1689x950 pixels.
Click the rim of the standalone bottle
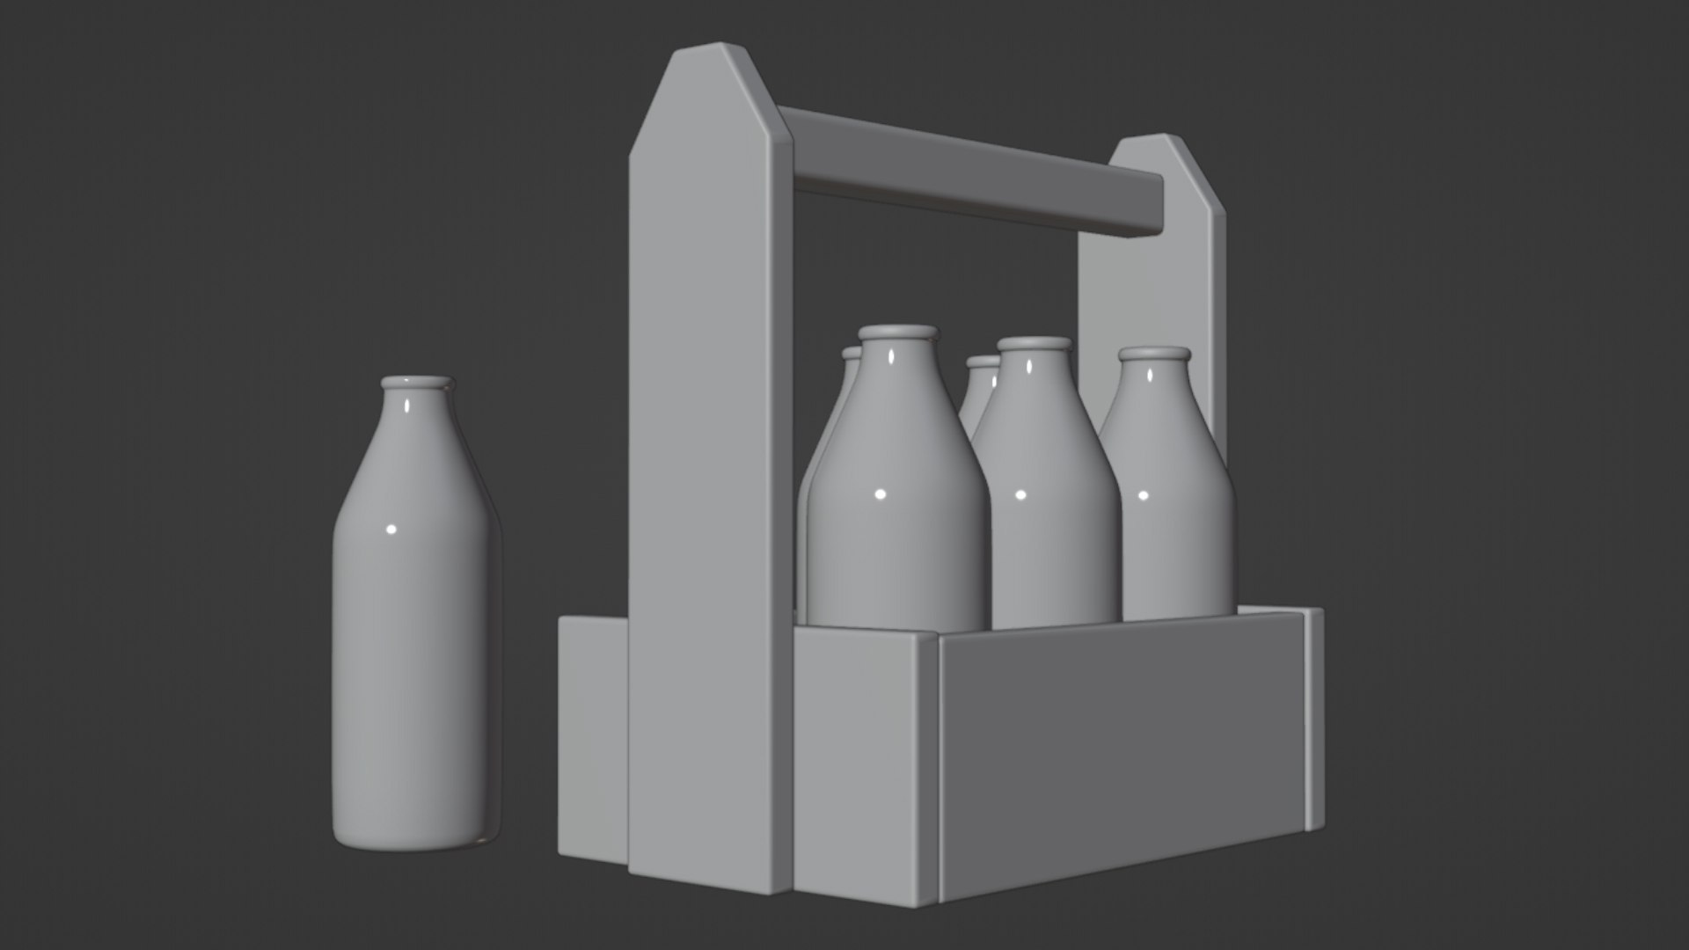point(416,384)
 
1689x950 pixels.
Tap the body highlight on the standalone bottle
point(391,529)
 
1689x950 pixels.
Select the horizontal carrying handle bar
point(968,167)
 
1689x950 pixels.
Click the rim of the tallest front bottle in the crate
point(898,333)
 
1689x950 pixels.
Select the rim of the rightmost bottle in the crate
point(1154,354)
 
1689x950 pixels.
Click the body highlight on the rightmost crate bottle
point(1143,495)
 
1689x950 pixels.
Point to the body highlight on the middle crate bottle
point(1020,495)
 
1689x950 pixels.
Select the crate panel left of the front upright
point(592,739)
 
